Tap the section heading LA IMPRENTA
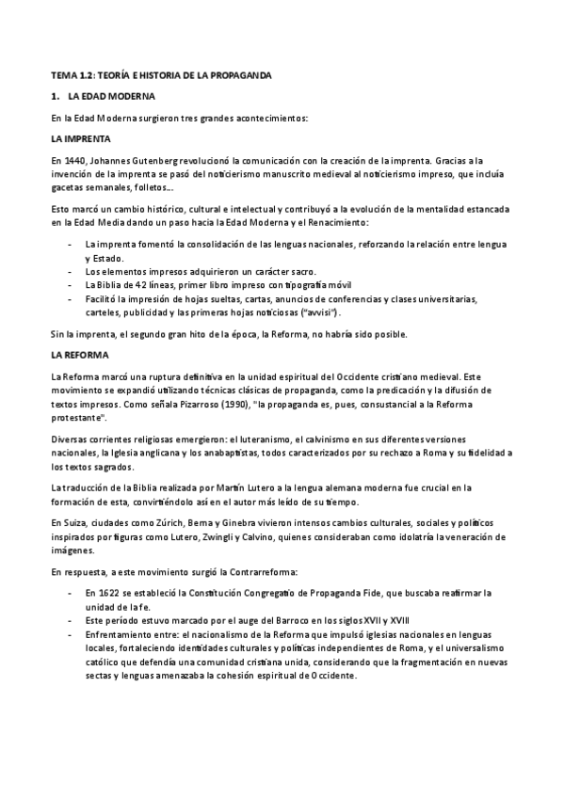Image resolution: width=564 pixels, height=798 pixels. click(79, 137)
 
